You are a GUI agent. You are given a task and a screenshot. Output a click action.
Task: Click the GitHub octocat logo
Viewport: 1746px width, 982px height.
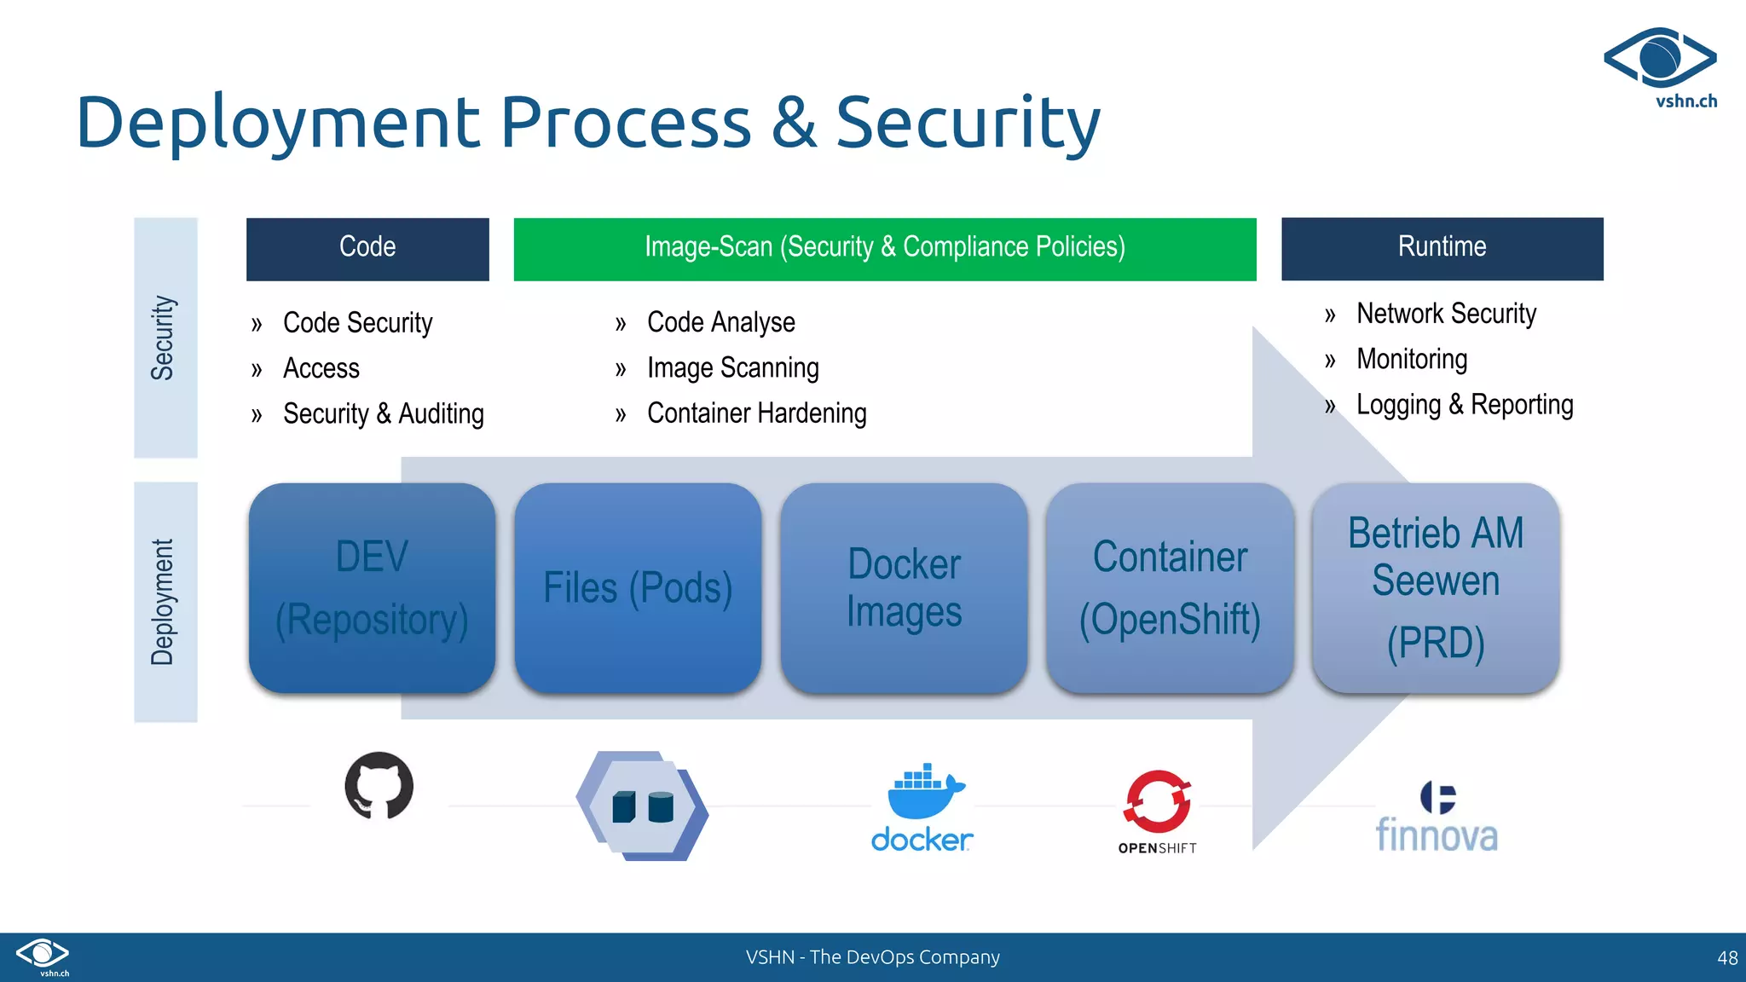(x=379, y=785)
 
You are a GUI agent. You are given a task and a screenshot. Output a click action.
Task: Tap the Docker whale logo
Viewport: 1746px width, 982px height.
(x=922, y=806)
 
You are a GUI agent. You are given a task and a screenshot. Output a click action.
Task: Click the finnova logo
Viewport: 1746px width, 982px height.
(x=1437, y=818)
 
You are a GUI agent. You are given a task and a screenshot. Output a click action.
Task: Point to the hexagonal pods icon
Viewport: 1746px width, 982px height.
(x=642, y=806)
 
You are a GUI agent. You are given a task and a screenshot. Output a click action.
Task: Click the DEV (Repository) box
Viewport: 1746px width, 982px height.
(x=372, y=588)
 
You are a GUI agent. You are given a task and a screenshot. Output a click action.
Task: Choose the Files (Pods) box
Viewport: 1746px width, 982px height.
(x=638, y=588)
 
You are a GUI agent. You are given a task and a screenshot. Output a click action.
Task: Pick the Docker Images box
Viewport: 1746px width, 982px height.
(x=904, y=588)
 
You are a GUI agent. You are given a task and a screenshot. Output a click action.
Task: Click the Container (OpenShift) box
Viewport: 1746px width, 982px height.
(x=1170, y=588)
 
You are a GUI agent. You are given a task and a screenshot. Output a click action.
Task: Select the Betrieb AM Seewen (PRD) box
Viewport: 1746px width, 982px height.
(x=1436, y=588)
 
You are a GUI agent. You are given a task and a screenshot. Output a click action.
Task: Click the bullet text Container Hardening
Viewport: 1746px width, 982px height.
(x=756, y=413)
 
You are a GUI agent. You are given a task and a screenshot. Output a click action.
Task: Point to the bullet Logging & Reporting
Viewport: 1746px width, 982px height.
(x=1464, y=405)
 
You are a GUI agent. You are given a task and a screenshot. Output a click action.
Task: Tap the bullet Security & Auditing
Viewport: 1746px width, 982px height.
(x=383, y=414)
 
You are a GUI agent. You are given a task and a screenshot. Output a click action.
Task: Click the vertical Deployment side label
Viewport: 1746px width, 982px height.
(x=165, y=602)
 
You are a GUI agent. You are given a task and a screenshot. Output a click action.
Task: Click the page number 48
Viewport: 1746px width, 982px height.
(x=1726, y=958)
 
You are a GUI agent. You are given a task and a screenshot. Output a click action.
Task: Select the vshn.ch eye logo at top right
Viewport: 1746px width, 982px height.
(x=1660, y=60)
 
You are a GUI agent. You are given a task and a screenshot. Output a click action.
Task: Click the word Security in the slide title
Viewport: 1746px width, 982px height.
(x=968, y=124)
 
